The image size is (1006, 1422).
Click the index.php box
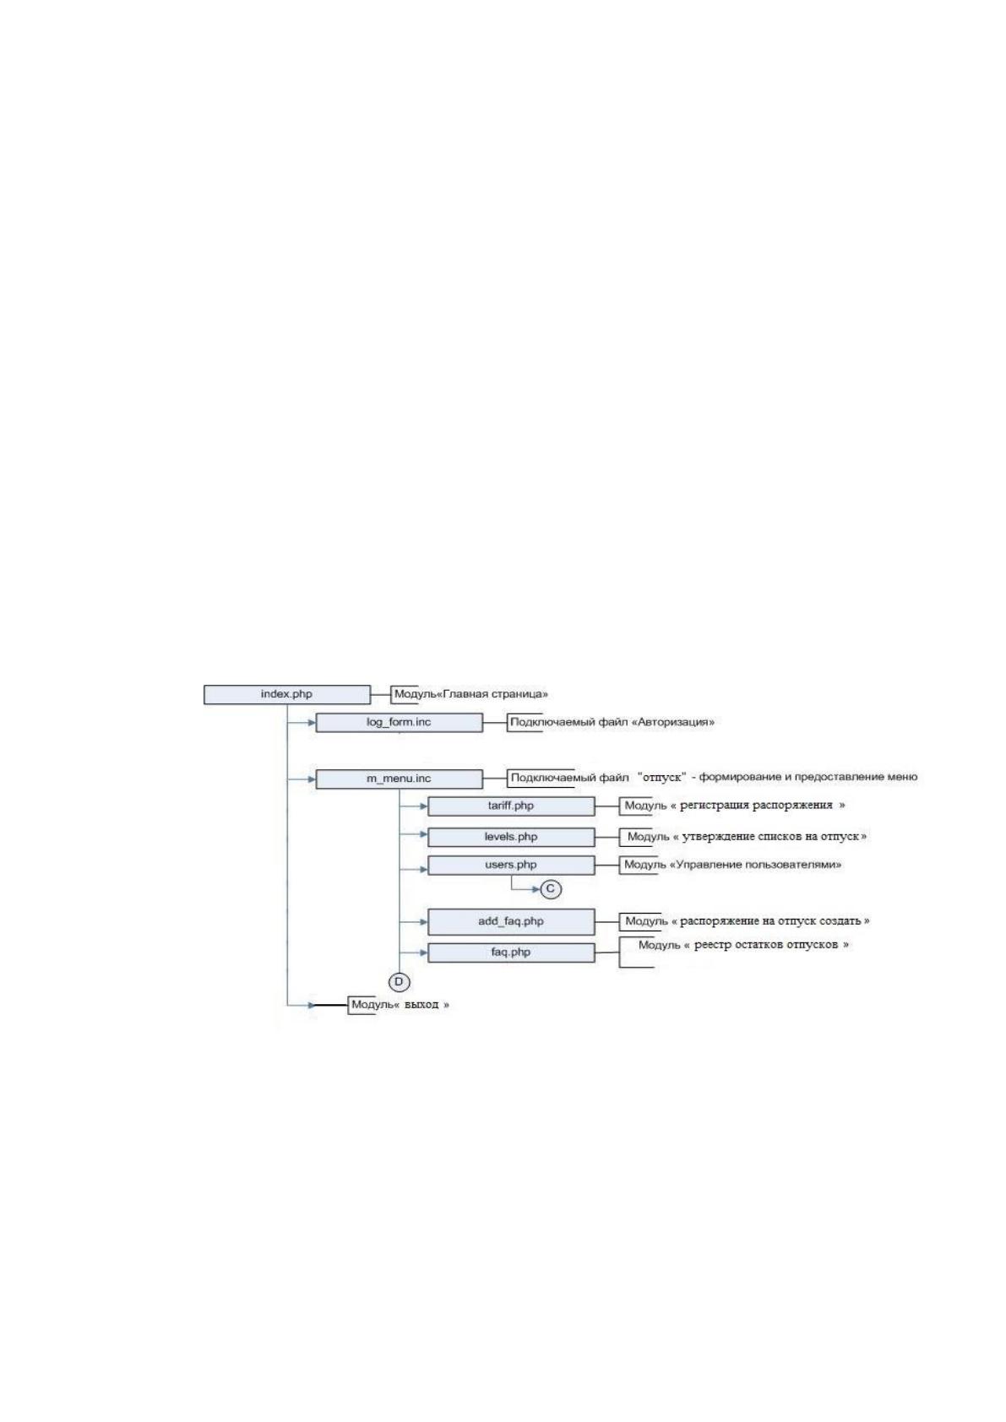pyautogui.click(x=287, y=694)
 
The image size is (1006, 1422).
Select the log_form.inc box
pyautogui.click(x=399, y=723)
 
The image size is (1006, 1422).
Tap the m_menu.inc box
pyautogui.click(x=399, y=779)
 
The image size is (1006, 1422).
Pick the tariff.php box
pyautogui.click(x=511, y=806)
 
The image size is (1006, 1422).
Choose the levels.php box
pyautogui.click(x=511, y=838)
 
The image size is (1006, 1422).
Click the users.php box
pyautogui.click(x=511, y=866)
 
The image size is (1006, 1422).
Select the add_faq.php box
pyautogui.click(x=511, y=922)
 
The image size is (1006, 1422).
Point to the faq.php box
pyautogui.click(x=511, y=953)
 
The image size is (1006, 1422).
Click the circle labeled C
pyautogui.click(x=551, y=889)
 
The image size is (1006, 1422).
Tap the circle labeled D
pyautogui.click(x=399, y=982)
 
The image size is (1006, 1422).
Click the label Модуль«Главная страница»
pyautogui.click(x=470, y=694)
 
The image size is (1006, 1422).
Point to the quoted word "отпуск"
pyautogui.click(x=661, y=777)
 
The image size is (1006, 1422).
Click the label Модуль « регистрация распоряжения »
pyautogui.click(x=735, y=806)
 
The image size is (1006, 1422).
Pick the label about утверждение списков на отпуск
pyautogui.click(x=747, y=837)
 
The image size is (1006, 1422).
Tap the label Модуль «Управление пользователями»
pyautogui.click(x=733, y=865)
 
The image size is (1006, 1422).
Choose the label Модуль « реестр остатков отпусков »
pyautogui.click(x=743, y=945)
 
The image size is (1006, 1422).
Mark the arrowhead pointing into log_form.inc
pyautogui.click(x=312, y=723)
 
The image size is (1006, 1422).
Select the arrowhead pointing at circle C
pyautogui.click(x=536, y=889)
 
